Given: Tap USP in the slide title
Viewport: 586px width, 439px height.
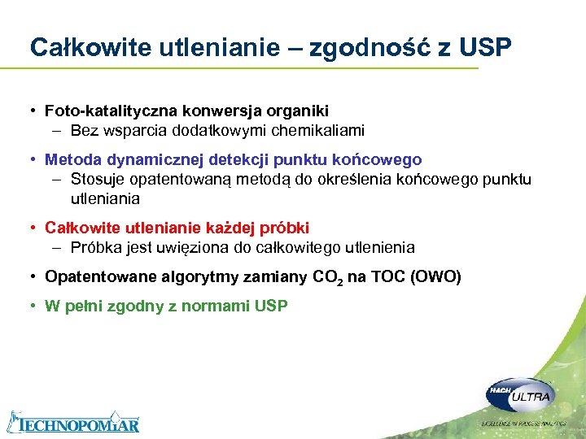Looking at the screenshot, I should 485,48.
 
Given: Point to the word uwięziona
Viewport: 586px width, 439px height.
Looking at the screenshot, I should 191,247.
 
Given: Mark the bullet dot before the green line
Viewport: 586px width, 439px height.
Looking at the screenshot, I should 33,306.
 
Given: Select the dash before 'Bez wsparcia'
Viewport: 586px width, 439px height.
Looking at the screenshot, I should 59,130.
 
